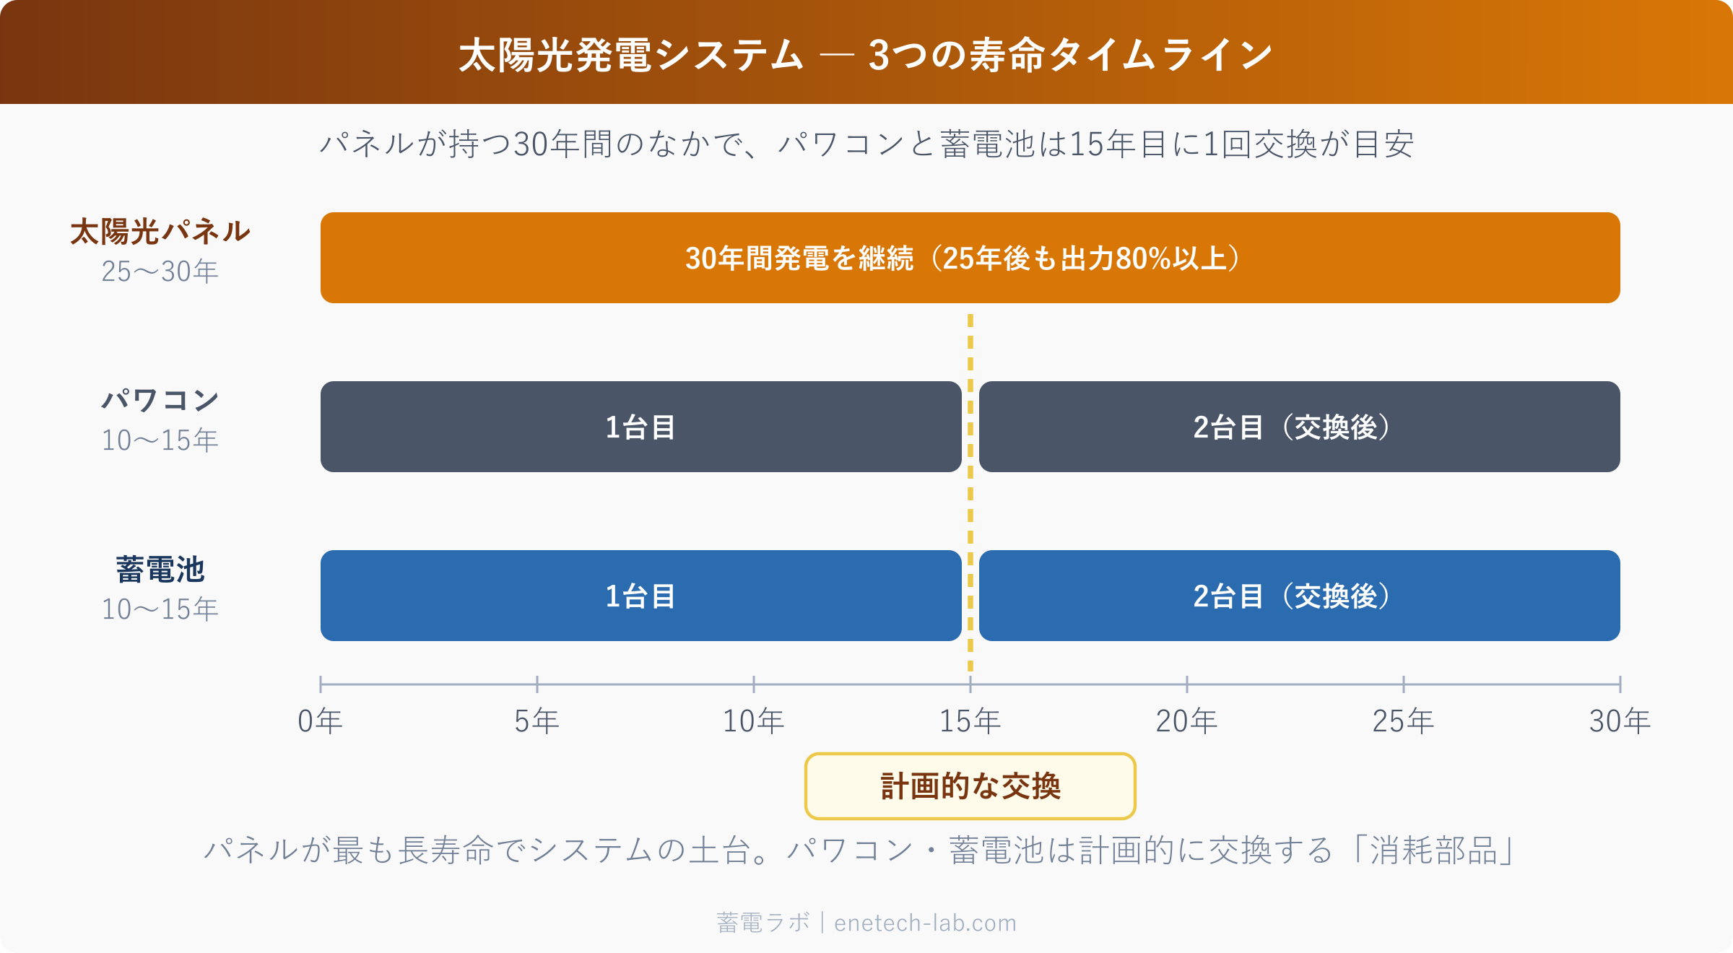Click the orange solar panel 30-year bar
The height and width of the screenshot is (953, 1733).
coord(970,258)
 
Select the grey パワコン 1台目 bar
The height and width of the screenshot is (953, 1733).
coord(640,427)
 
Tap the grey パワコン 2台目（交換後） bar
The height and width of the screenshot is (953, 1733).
coord(1299,427)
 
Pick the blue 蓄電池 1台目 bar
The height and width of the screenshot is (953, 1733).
coord(640,596)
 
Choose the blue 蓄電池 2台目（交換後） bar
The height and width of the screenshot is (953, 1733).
coord(1299,596)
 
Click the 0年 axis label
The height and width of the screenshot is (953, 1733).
coord(320,721)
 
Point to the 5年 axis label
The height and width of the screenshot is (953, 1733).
coord(537,721)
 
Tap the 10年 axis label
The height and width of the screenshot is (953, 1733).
coord(753,721)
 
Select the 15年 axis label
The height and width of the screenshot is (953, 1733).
coord(970,721)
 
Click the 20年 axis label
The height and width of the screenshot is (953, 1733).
coord(1186,721)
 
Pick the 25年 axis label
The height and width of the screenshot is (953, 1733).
coord(1403,721)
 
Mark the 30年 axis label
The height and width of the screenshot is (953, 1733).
coord(1620,721)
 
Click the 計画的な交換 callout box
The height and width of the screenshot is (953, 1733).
coord(970,786)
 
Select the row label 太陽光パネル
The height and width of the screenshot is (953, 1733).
coord(160,232)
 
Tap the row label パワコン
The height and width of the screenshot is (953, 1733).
coord(160,400)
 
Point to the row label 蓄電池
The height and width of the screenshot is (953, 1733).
coord(160,570)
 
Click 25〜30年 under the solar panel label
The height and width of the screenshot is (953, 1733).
coord(160,272)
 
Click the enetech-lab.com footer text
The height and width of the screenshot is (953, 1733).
coord(925,923)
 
